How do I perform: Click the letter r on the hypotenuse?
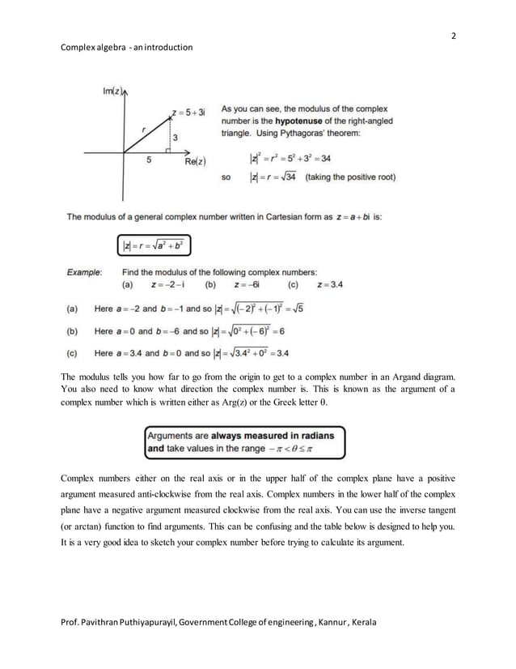click(142, 128)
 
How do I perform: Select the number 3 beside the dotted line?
click(175, 138)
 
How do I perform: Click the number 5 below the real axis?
click(148, 160)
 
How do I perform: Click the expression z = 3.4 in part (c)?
click(331, 284)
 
